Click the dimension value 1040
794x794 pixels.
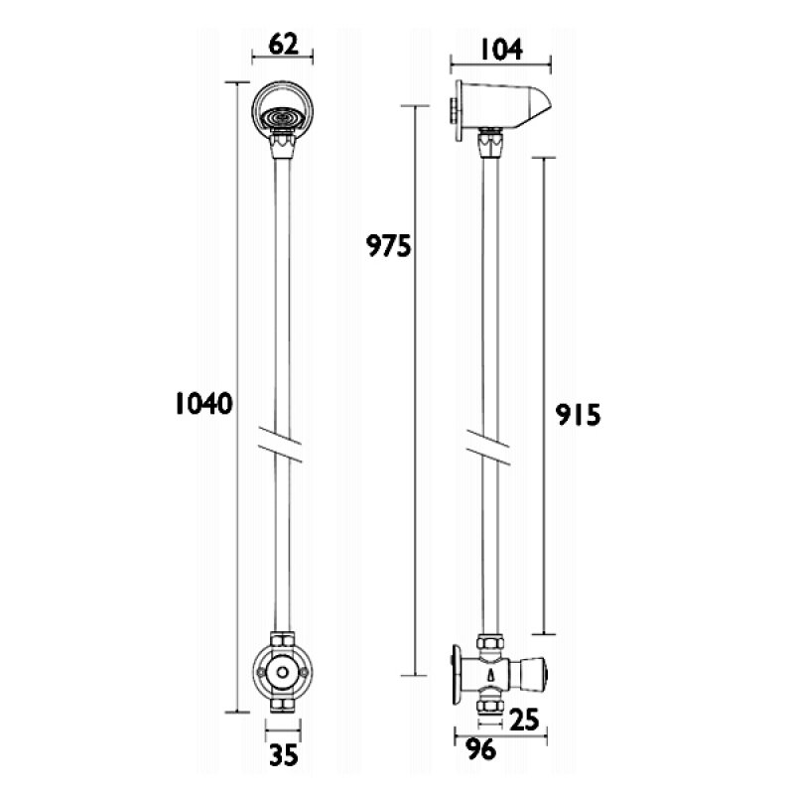click(203, 404)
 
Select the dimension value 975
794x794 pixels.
click(388, 245)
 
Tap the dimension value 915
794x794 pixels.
click(580, 413)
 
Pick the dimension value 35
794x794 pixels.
click(283, 756)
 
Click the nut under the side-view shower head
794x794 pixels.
click(488, 145)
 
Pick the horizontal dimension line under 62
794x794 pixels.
click(283, 61)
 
